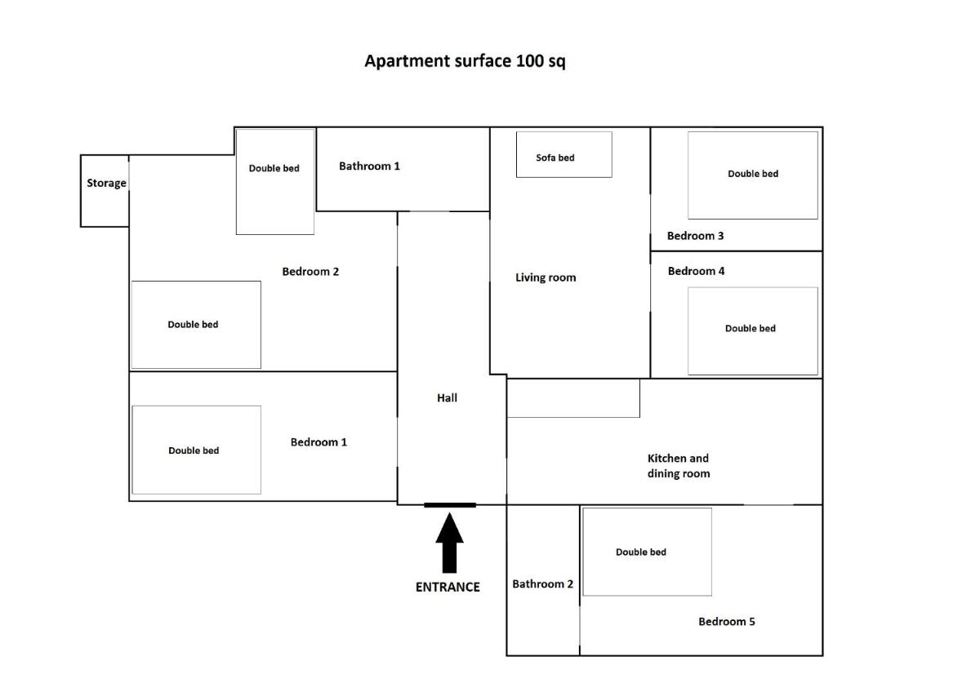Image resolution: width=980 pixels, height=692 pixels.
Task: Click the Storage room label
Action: tap(106, 183)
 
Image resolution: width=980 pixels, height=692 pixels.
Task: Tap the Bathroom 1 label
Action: tap(370, 166)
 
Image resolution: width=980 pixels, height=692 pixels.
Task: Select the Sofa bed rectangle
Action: tap(564, 155)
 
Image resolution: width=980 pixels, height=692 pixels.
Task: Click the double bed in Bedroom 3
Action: tap(753, 175)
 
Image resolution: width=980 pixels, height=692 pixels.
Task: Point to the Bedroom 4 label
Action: tap(696, 271)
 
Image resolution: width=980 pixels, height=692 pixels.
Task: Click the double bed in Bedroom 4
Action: tap(753, 331)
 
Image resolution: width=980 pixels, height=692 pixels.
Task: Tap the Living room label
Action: tap(546, 277)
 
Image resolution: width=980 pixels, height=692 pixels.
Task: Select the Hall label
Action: tap(447, 397)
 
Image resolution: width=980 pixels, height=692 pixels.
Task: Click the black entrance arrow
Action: tap(449, 543)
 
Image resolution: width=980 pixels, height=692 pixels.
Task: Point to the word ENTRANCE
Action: tap(448, 587)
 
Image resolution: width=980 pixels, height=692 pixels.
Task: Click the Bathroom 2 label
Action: tap(542, 584)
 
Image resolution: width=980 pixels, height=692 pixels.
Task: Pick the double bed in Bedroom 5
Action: tap(647, 552)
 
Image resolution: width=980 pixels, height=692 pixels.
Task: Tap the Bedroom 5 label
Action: tap(727, 622)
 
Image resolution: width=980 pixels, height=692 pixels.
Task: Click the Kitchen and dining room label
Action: tap(679, 466)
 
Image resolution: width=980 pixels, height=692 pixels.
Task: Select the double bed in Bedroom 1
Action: tap(197, 450)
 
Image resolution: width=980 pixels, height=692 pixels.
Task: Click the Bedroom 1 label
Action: tap(318, 442)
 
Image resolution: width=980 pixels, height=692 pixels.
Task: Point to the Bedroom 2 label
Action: tap(310, 272)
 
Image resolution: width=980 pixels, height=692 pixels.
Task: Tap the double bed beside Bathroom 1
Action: tap(274, 182)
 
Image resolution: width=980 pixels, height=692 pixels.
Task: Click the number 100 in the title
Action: tap(529, 60)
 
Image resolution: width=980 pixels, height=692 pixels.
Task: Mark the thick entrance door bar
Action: tap(450, 505)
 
